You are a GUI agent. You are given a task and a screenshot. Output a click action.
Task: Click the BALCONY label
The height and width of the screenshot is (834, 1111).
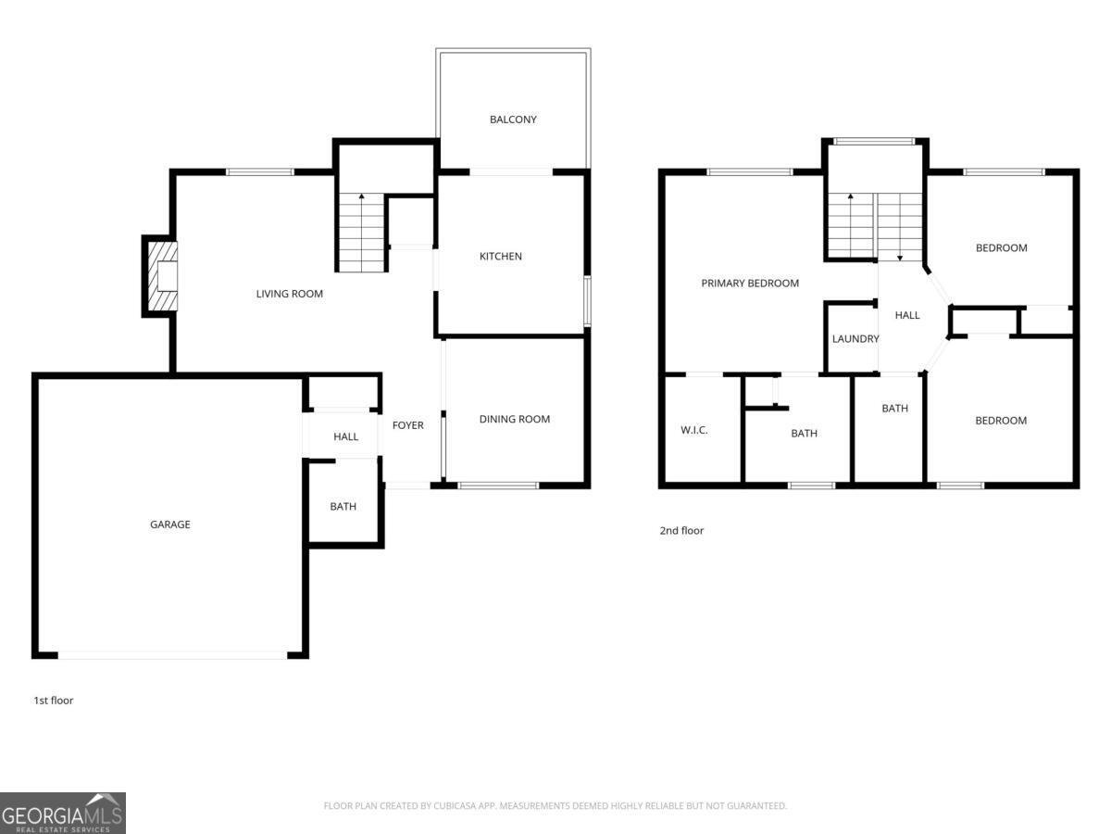point(513,120)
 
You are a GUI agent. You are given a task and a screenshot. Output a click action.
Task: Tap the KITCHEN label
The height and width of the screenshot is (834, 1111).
point(501,257)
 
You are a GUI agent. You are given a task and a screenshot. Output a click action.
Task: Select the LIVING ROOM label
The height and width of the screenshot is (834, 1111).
point(290,294)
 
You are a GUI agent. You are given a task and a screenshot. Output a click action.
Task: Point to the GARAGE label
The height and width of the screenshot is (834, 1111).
point(170,524)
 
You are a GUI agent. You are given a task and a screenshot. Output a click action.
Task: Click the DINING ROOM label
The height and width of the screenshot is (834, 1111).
point(514,419)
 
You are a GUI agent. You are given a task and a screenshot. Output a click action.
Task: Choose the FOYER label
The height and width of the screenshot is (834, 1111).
point(408,425)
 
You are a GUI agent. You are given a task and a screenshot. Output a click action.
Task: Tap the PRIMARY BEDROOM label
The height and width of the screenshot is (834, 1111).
point(750,283)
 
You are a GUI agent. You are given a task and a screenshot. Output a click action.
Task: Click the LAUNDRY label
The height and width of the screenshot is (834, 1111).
point(855,339)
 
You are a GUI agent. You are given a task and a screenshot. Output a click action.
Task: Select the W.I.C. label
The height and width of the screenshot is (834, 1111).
point(694,430)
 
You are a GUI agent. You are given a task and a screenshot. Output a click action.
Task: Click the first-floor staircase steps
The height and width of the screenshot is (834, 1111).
point(361,233)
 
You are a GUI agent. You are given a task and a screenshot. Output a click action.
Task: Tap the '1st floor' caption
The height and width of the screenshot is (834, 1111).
point(53,701)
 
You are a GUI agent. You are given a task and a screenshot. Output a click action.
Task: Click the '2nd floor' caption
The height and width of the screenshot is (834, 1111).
point(681,531)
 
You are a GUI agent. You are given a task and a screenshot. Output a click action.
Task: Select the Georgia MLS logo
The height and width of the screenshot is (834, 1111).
point(63,814)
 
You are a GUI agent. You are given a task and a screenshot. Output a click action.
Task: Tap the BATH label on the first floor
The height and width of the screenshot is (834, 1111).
point(343,506)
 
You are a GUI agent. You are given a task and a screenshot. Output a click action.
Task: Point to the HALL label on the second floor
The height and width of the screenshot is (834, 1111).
point(907,315)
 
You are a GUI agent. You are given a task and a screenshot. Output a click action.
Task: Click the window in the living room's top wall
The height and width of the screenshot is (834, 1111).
point(259,172)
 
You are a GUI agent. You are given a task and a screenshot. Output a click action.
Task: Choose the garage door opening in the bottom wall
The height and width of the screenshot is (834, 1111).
point(172,655)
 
